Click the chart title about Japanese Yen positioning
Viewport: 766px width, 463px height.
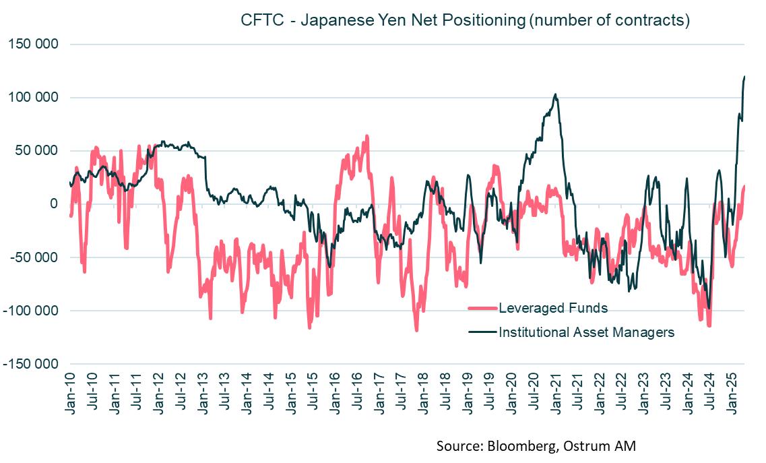(x=465, y=20)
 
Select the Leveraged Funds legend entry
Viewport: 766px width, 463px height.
(x=552, y=309)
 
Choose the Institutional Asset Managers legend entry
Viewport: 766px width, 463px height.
(x=586, y=332)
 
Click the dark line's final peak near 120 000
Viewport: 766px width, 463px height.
(x=744, y=78)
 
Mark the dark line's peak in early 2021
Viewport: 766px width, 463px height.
(x=555, y=94)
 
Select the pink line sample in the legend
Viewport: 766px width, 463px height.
(x=482, y=309)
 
